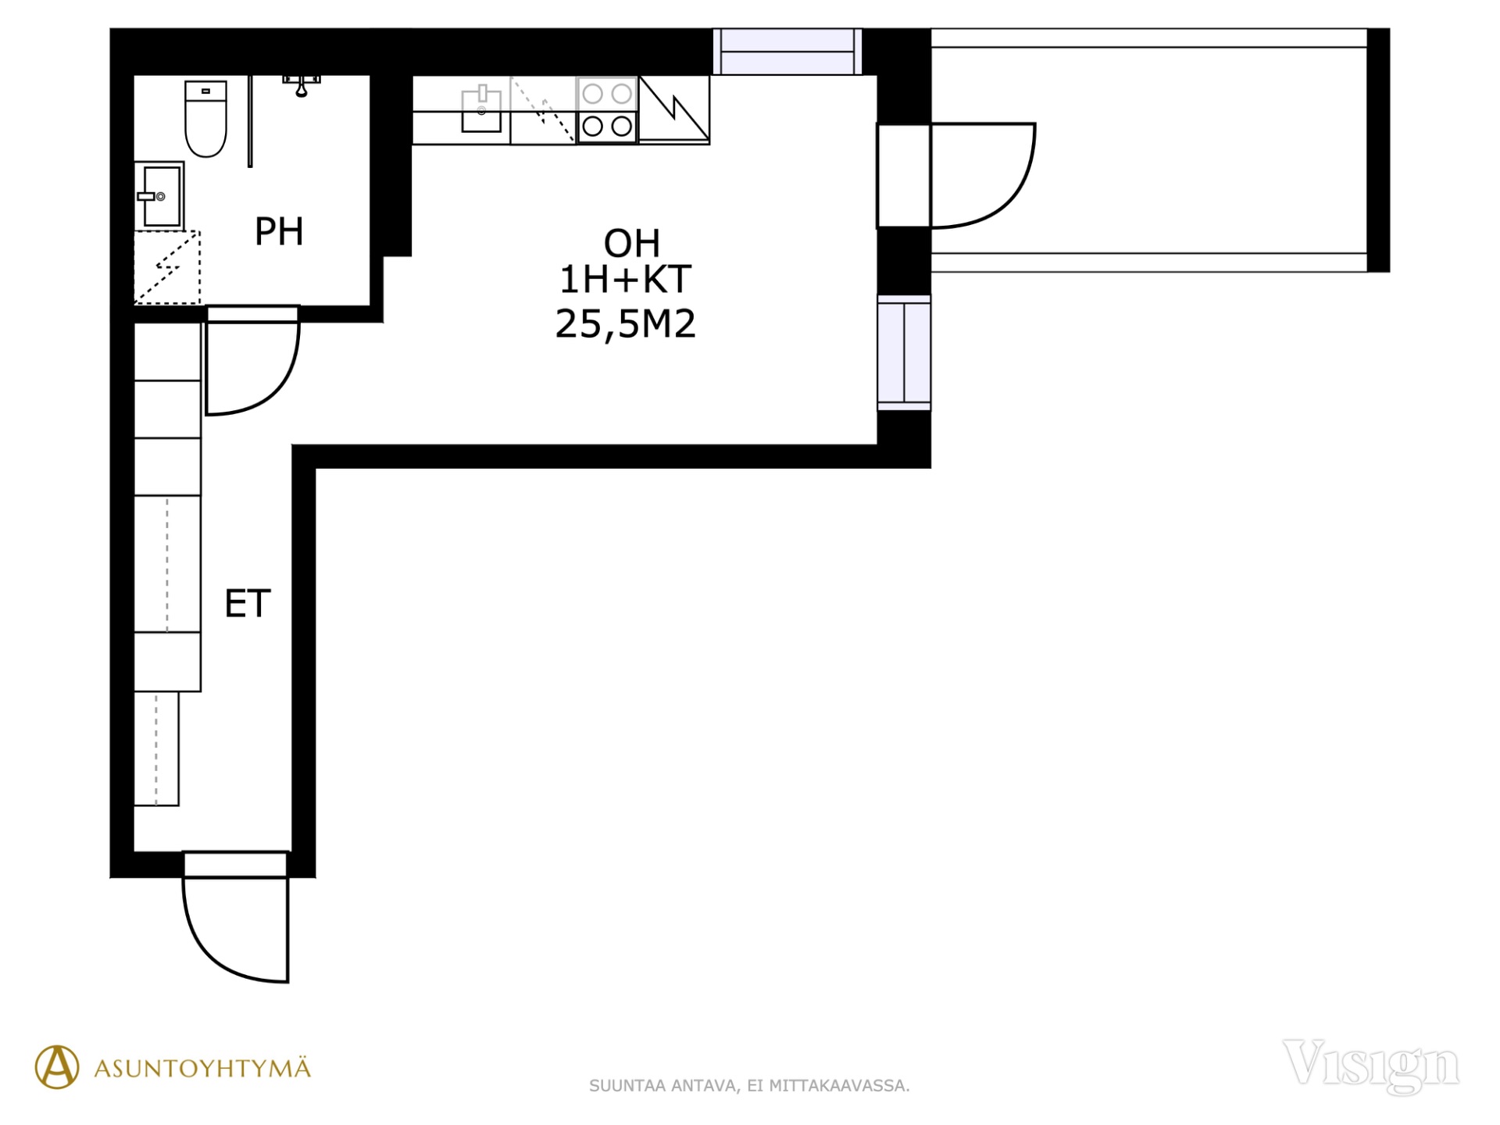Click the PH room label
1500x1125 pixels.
click(x=279, y=231)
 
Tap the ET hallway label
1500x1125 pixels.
click(x=248, y=604)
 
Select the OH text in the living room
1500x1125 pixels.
click(x=632, y=244)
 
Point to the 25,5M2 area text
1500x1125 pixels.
click(x=625, y=324)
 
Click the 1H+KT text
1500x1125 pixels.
click(x=625, y=280)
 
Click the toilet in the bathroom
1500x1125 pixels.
click(x=205, y=119)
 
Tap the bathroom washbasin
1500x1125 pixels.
click(x=159, y=195)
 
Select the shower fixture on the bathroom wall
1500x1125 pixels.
click(x=302, y=84)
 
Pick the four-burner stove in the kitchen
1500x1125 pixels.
click(x=607, y=110)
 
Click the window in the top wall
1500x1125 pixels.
click(x=787, y=52)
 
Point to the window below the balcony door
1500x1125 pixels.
click(x=904, y=352)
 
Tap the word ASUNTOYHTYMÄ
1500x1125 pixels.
click(x=202, y=1069)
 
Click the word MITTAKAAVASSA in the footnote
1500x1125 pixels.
click(x=838, y=1086)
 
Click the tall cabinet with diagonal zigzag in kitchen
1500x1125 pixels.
click(x=674, y=110)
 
